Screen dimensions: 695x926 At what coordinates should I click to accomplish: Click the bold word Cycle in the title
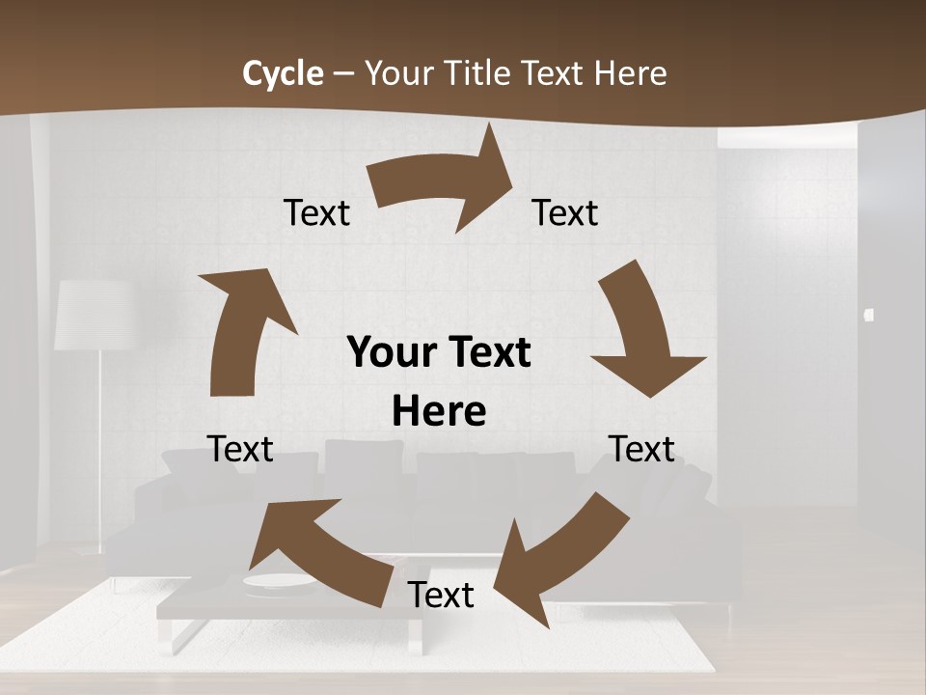click(x=283, y=73)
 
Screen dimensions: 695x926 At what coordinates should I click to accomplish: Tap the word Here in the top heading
click(x=629, y=73)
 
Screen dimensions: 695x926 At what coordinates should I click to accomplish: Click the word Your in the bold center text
click(x=385, y=353)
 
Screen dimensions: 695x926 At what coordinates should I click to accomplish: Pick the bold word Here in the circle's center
click(x=439, y=412)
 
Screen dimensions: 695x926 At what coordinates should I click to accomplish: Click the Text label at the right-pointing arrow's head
click(x=565, y=213)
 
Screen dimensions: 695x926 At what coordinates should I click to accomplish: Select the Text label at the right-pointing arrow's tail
click(x=316, y=213)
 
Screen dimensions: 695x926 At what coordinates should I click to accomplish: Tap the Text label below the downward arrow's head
click(x=641, y=449)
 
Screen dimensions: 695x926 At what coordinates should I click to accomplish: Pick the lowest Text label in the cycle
click(x=441, y=596)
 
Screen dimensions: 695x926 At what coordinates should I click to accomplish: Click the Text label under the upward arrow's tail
click(x=240, y=449)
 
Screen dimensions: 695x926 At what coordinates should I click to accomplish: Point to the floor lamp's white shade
click(x=93, y=315)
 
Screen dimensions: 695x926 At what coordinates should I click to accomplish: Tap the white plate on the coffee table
click(x=278, y=581)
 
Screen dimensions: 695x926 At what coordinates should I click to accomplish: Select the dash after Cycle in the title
click(x=343, y=74)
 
